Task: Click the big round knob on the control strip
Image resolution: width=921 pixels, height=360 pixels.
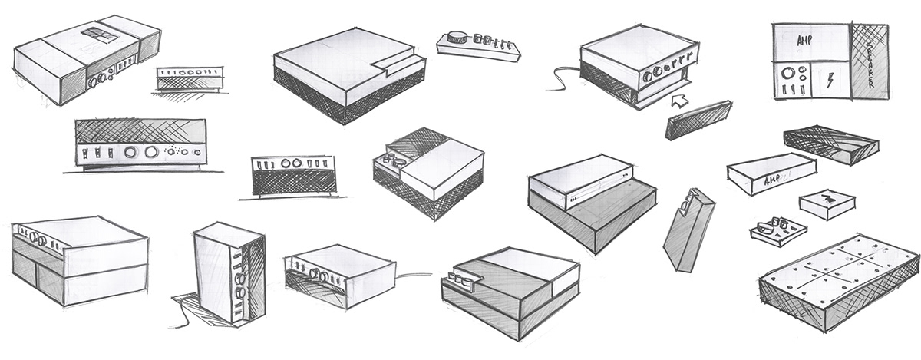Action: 459,36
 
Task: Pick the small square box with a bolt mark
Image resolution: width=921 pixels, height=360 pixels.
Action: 826,204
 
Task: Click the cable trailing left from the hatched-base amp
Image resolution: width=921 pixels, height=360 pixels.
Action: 565,77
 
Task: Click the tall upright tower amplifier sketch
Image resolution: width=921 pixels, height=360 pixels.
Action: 228,272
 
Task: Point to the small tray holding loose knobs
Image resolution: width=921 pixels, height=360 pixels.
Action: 777,229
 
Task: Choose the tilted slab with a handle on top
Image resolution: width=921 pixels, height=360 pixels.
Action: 689,230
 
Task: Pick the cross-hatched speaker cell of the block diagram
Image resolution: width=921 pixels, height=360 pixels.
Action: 869,61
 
